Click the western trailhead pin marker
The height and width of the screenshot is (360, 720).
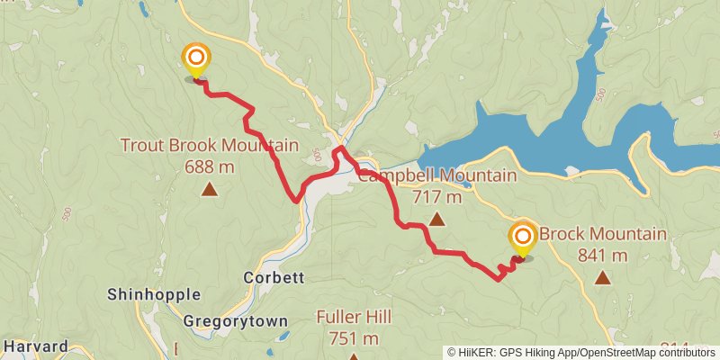coord(195,60)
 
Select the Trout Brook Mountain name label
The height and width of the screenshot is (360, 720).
coord(209,145)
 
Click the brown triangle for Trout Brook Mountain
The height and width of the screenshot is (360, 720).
coord(209,189)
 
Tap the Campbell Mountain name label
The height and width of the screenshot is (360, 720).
coord(437,175)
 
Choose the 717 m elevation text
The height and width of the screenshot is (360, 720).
coord(437,196)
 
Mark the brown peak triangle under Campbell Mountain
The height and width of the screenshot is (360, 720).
coord(436,219)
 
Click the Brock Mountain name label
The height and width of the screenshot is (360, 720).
coord(603,235)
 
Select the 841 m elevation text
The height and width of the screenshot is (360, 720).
coord(603,256)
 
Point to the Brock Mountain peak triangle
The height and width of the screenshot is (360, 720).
coord(602,278)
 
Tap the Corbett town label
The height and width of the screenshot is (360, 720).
coord(274,278)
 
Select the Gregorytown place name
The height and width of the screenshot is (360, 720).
coord(235,320)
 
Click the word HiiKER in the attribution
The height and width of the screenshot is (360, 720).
coord(479,353)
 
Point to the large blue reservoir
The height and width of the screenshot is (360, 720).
coord(540,144)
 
